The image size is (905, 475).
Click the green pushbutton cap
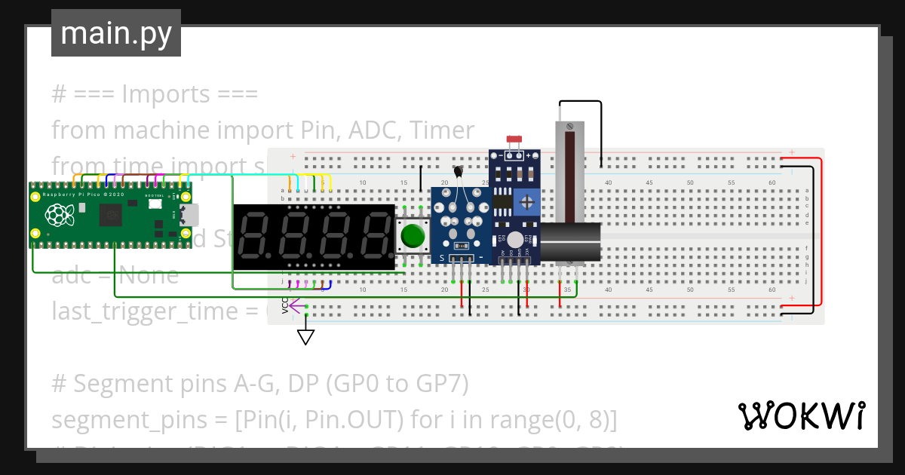coord(413,235)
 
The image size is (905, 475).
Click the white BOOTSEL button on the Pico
coord(155,204)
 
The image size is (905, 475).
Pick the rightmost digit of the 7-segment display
coord(373,236)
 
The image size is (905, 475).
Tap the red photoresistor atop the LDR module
coord(515,140)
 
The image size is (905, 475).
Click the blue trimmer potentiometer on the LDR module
coord(529,201)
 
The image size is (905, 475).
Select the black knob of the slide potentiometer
coord(571,242)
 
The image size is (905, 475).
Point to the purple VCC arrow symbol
coord(295,307)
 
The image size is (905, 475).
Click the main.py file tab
coord(116,33)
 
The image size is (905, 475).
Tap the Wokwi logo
coord(801,415)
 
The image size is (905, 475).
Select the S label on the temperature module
coord(442,258)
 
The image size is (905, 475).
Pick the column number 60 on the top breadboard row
coord(772,183)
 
